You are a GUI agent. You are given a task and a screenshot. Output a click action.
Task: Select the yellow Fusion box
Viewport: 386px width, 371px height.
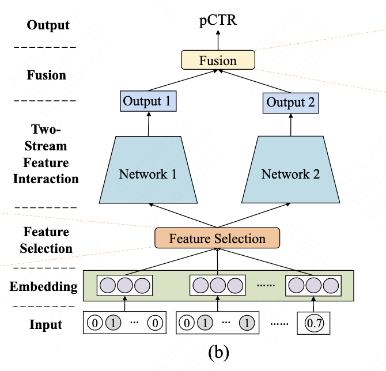pyautogui.click(x=217, y=60)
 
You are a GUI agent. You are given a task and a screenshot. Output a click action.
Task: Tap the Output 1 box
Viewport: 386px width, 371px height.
pyautogui.click(x=149, y=102)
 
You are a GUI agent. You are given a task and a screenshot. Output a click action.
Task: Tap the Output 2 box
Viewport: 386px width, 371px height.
pyautogui.click(x=291, y=103)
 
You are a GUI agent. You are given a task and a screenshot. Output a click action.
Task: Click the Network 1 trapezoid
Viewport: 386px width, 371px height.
pyautogui.click(x=148, y=173)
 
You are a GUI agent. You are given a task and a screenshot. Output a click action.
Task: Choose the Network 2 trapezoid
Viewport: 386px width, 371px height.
pyautogui.click(x=290, y=173)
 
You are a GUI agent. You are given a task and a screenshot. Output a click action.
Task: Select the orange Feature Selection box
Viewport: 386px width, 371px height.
pyautogui.click(x=217, y=238)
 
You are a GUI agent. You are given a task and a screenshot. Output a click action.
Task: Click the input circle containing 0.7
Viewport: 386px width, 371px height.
pyautogui.click(x=315, y=324)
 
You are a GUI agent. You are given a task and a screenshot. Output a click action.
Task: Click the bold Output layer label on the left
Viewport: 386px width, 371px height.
pyautogui.click(x=48, y=25)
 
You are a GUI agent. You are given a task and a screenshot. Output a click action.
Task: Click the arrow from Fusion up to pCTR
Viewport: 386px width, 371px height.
pyautogui.click(x=218, y=40)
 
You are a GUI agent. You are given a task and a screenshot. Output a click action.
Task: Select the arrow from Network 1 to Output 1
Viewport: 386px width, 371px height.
pyautogui.click(x=149, y=124)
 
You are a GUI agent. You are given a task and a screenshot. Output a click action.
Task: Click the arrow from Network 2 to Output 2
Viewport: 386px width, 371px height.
pyautogui.click(x=291, y=124)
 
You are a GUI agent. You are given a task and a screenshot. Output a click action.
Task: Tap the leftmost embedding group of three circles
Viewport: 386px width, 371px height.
pyautogui.click(x=125, y=285)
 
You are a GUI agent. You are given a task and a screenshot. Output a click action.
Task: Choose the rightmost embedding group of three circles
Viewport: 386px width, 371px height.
pyautogui.click(x=313, y=285)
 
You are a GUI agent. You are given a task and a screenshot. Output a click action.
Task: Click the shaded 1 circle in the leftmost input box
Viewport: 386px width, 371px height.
pyautogui.click(x=113, y=324)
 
